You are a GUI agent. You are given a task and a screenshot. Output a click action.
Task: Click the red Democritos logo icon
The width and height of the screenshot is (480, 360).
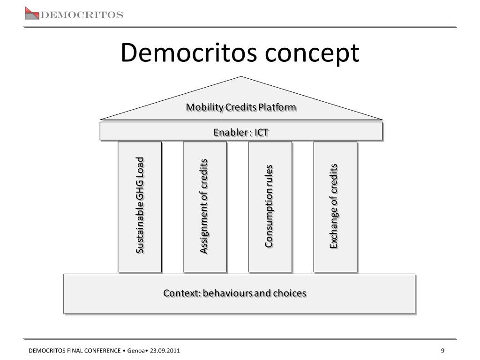(32, 14)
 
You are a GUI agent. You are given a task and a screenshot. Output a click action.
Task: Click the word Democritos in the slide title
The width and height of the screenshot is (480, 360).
(189, 52)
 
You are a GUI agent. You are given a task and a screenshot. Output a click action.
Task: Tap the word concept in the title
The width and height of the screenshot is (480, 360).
(312, 54)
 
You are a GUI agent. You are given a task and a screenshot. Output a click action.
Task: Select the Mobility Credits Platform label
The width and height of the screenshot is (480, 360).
(241, 107)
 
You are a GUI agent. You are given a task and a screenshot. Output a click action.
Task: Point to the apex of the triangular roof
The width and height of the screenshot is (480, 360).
(241, 76)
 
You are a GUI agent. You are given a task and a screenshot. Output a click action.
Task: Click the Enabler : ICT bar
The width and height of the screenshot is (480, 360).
(241, 131)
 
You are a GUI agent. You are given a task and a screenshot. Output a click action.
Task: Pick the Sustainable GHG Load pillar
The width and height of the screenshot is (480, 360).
(140, 207)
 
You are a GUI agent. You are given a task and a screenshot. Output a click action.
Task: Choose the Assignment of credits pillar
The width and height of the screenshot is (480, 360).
(205, 207)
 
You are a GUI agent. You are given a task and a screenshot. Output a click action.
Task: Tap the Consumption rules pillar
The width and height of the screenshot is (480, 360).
(270, 207)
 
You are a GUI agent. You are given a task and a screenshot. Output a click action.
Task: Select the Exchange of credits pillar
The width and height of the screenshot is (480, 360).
(335, 207)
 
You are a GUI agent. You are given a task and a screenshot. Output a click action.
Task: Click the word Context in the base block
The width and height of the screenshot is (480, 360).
(182, 293)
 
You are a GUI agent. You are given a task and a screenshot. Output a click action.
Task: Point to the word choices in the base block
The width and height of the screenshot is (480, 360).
(290, 293)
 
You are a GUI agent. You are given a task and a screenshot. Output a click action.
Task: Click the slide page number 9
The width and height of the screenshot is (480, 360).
(442, 351)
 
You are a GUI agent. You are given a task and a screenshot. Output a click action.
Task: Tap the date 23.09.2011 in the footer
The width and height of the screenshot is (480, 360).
(165, 351)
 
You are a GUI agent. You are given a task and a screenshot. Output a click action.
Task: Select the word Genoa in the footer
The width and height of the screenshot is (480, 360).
(135, 351)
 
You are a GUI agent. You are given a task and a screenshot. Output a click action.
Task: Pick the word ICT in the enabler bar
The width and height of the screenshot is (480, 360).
(262, 133)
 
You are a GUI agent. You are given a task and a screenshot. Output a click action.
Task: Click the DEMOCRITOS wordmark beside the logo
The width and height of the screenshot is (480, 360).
(82, 15)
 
